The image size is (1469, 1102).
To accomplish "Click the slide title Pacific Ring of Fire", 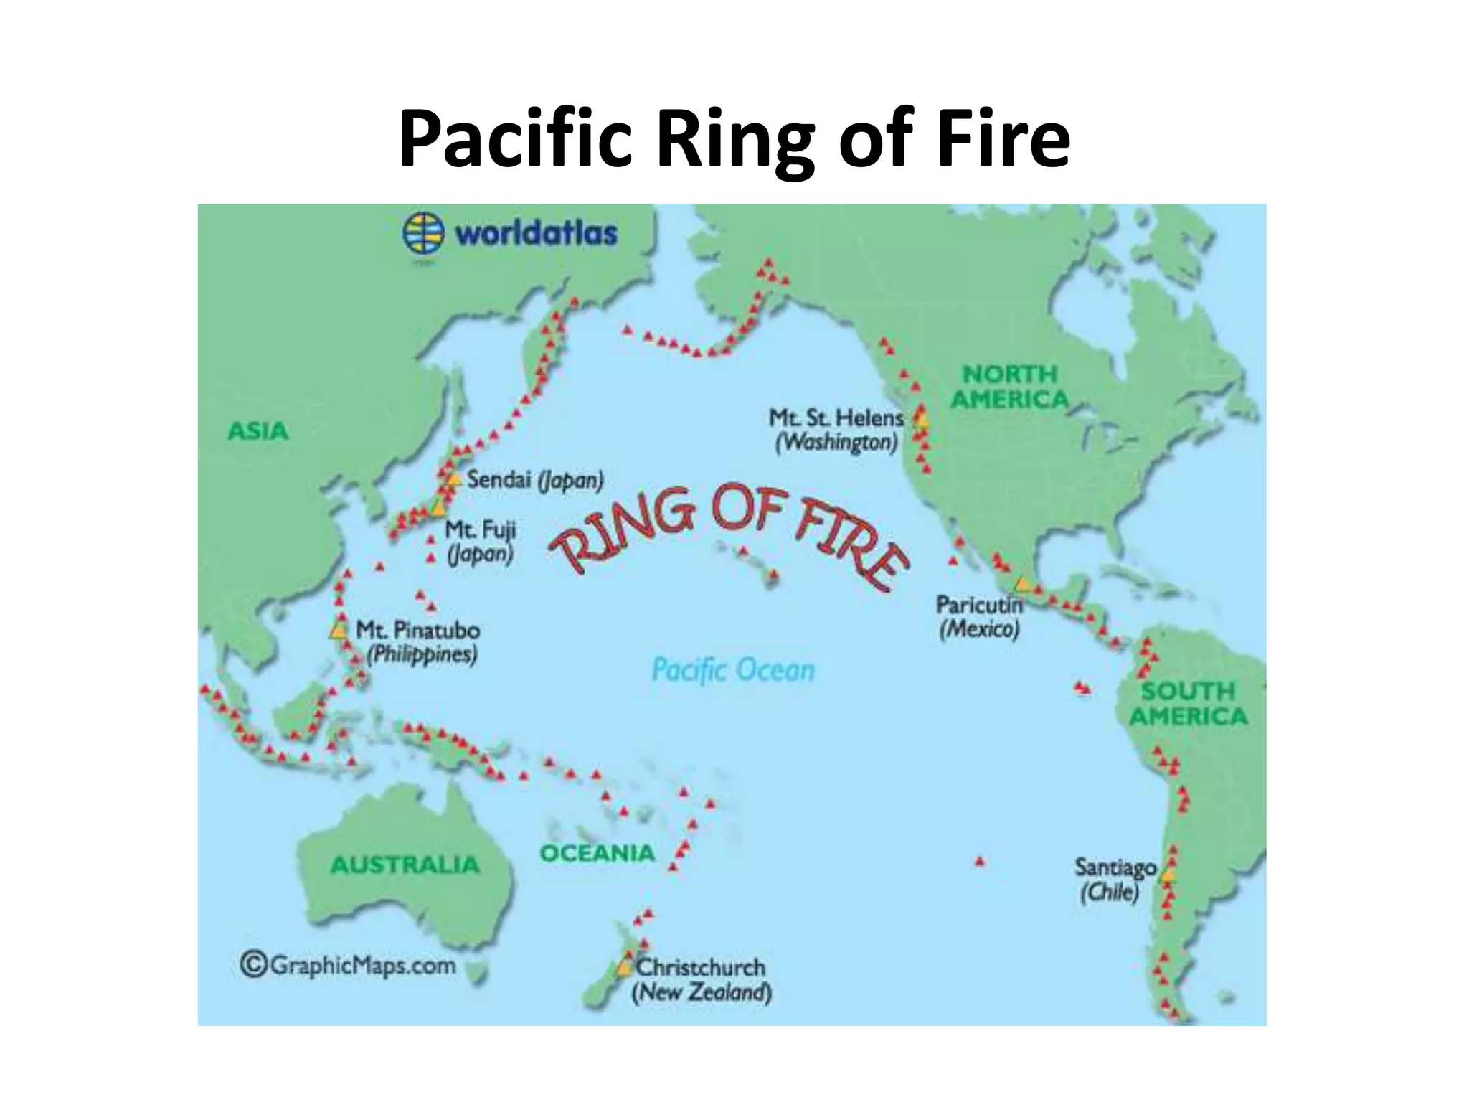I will tap(734, 138).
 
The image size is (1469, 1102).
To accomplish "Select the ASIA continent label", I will tap(258, 431).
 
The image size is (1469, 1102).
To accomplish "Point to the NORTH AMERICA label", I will tap(1010, 386).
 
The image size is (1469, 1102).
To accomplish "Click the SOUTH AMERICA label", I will tap(1188, 704).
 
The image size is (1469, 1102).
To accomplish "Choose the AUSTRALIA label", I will tap(405, 865).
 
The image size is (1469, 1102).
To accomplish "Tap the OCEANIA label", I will tap(597, 853).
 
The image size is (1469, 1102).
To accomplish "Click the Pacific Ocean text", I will tap(733, 671).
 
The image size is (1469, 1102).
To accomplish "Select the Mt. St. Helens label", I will tap(836, 418).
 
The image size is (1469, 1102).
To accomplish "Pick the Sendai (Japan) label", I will tap(534, 479).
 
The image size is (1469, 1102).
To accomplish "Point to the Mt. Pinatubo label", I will tap(417, 631).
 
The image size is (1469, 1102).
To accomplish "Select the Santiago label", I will tap(1115, 867).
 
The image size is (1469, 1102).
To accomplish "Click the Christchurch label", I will tap(701, 966).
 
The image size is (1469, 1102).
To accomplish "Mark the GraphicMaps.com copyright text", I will tap(348, 965).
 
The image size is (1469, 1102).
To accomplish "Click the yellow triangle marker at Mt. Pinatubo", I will tap(336, 631).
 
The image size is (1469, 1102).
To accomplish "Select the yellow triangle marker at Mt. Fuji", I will tap(438, 509).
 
